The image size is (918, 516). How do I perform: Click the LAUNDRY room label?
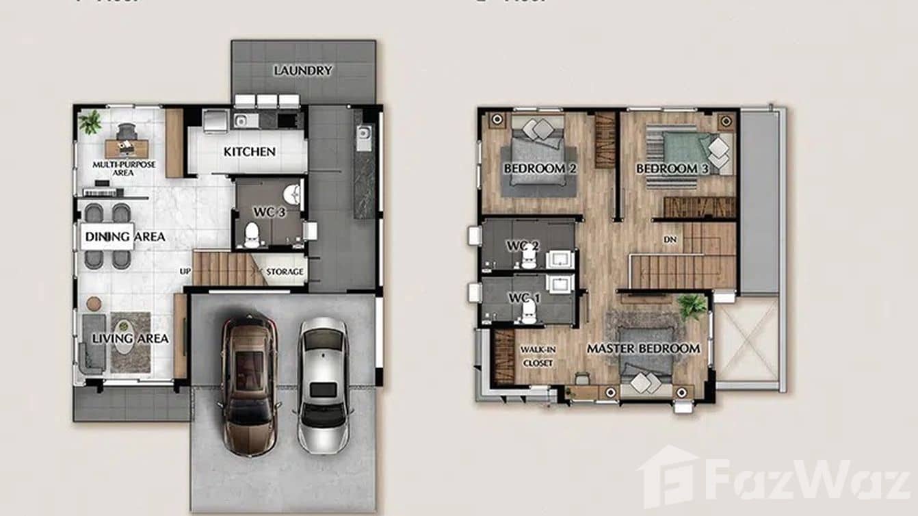pos(303,70)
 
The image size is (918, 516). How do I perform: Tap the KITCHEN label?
pos(250,151)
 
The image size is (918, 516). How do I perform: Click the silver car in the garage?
pos(323,385)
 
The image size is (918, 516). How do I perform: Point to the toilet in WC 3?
pos(252,235)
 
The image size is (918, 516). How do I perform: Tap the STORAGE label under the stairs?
pos(285,272)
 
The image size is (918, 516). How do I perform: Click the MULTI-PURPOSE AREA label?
pos(124,168)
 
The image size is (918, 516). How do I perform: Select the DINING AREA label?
pos(124,237)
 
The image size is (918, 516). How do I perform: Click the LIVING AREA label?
pos(130,338)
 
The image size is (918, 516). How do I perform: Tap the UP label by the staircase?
pos(185,271)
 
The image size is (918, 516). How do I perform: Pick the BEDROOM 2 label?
pos(534,168)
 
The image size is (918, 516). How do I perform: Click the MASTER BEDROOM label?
pos(643,348)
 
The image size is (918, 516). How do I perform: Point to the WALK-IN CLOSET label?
pos(538,356)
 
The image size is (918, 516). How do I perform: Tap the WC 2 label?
pos(523,245)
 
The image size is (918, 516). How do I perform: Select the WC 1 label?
pos(525,298)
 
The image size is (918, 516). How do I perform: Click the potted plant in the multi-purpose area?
pos(90,122)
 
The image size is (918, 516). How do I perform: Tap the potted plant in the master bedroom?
pos(692,307)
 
